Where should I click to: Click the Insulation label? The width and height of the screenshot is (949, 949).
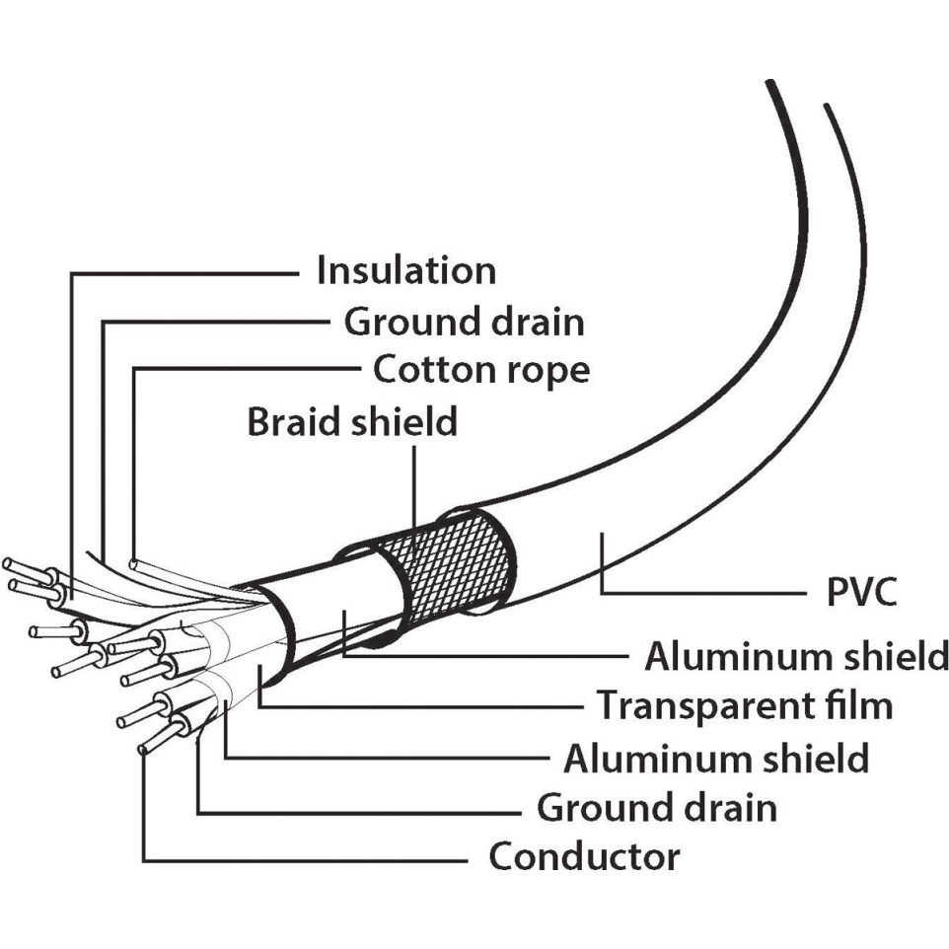(x=405, y=270)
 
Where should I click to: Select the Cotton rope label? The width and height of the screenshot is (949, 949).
(x=481, y=370)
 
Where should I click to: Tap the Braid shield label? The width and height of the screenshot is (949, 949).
(x=352, y=421)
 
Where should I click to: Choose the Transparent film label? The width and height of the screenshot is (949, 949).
(x=745, y=705)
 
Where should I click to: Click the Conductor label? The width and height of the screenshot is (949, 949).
(x=584, y=856)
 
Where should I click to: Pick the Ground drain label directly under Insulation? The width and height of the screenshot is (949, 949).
(x=464, y=321)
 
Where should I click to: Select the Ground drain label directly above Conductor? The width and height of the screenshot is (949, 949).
(x=656, y=807)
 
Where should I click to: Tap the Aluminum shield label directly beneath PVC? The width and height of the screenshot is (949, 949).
(x=796, y=655)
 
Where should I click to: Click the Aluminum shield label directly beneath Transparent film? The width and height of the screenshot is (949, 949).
(x=716, y=759)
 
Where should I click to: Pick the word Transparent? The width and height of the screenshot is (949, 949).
(x=701, y=706)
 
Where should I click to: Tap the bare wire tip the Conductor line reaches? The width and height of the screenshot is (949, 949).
(x=145, y=749)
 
